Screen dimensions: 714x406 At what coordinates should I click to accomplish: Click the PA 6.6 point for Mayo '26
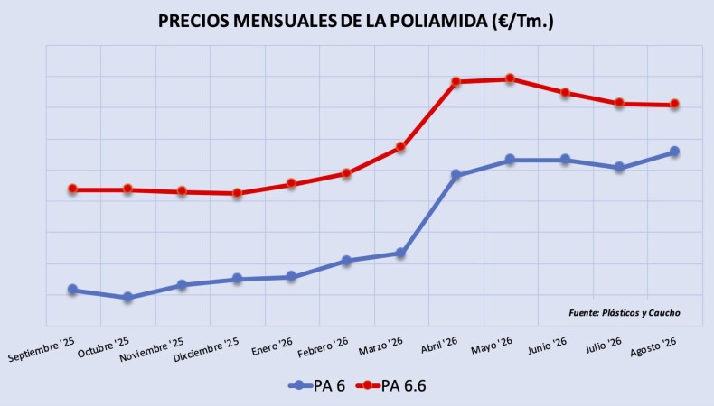(510, 78)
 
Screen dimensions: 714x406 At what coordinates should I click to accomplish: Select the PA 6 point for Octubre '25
(128, 297)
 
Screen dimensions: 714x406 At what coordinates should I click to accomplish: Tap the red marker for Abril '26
(456, 81)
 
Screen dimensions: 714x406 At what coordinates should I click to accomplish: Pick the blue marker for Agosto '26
(674, 152)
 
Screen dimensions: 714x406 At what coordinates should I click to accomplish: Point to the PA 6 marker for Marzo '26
(400, 253)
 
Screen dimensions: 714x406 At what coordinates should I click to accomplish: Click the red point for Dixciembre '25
(237, 193)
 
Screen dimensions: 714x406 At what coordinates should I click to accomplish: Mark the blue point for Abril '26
(456, 174)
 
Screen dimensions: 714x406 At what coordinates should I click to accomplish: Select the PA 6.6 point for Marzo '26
(400, 146)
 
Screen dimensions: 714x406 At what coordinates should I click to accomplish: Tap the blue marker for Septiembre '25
(73, 289)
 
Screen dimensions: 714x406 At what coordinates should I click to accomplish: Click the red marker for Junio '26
(565, 92)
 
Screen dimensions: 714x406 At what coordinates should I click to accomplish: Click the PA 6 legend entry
(317, 385)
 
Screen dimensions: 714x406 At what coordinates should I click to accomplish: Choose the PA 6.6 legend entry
(390, 385)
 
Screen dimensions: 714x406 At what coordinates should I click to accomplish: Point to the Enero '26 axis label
(272, 346)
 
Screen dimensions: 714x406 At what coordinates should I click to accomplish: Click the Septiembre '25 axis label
(42, 349)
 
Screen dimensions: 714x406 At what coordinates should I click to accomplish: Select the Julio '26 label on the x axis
(604, 345)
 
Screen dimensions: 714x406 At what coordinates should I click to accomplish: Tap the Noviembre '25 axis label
(152, 350)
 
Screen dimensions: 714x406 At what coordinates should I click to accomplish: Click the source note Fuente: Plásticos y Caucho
(625, 313)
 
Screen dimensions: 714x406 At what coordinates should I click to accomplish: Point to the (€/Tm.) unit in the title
(522, 22)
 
